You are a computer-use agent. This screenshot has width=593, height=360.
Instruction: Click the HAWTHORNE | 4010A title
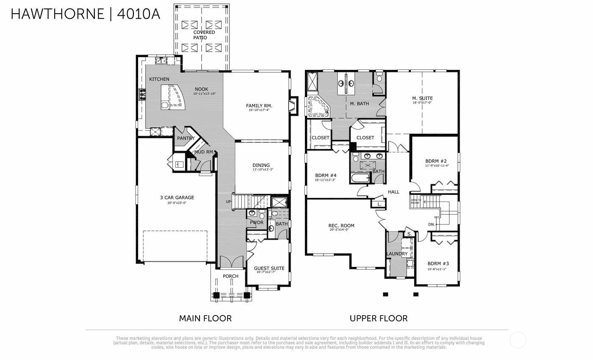(85, 14)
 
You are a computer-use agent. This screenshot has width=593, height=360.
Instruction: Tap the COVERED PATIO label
(204, 35)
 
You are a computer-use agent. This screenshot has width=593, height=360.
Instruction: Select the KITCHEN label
(159, 79)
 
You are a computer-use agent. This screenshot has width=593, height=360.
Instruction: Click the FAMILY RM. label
(259, 106)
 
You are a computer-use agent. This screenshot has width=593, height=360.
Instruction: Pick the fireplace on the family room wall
(293, 106)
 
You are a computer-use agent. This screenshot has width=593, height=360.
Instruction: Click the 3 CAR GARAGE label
(177, 197)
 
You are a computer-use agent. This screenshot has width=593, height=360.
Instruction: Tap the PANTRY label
(186, 138)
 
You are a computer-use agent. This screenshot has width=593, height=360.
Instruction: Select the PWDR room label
(256, 222)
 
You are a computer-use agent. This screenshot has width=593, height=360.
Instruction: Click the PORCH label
(230, 276)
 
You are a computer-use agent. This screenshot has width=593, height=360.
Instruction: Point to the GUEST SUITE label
(269, 268)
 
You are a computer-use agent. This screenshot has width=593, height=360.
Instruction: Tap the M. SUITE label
(422, 98)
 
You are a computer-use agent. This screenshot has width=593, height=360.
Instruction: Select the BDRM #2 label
(436, 161)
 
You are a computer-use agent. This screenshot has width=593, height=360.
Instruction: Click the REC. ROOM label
(341, 226)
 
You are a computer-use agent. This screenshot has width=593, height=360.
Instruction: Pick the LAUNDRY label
(397, 254)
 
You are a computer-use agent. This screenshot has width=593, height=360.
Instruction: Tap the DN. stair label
(431, 224)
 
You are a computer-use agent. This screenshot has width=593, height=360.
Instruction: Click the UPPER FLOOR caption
(378, 318)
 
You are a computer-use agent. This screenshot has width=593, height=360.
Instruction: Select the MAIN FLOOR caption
(205, 318)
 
